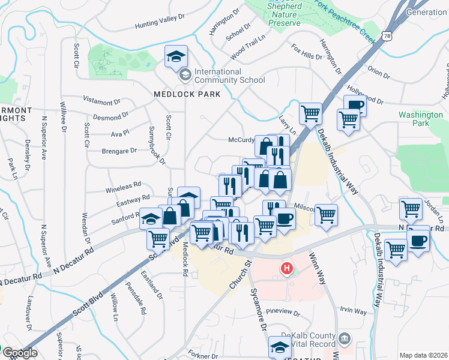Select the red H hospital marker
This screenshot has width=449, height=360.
click(288, 267)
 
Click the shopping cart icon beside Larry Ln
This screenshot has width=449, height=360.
click(310, 112)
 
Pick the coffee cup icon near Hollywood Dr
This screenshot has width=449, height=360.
click(355, 105)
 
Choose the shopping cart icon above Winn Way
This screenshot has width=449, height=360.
click(326, 214)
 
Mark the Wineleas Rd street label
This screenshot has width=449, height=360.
click(123, 185)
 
